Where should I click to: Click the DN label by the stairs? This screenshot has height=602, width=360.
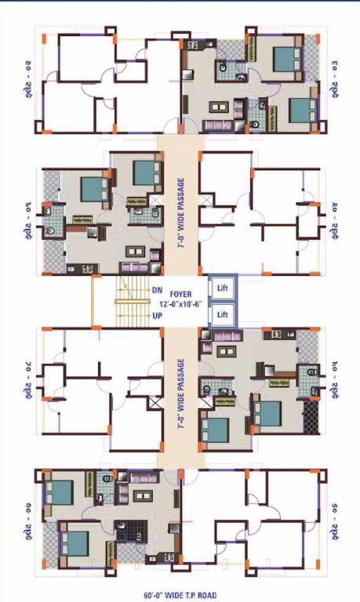pos(157,290)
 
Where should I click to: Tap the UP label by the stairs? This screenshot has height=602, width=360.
pos(157,316)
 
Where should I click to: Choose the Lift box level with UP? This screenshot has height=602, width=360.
pos(222,315)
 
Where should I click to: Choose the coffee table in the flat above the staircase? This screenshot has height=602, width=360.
pos(136,251)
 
